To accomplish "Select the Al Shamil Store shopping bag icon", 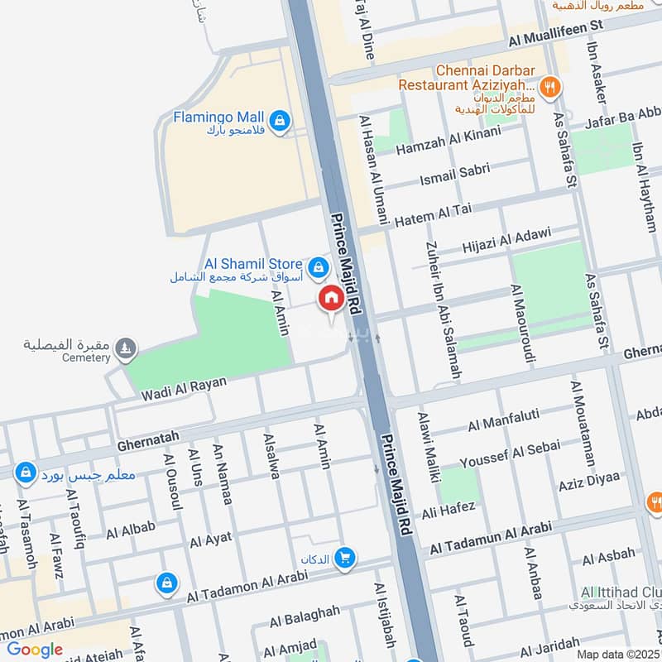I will point(317,267).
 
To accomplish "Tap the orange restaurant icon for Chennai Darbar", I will point(547,84).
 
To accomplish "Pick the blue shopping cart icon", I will point(345,559).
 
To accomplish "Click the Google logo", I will point(35,650).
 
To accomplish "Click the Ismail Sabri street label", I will point(455,175).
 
